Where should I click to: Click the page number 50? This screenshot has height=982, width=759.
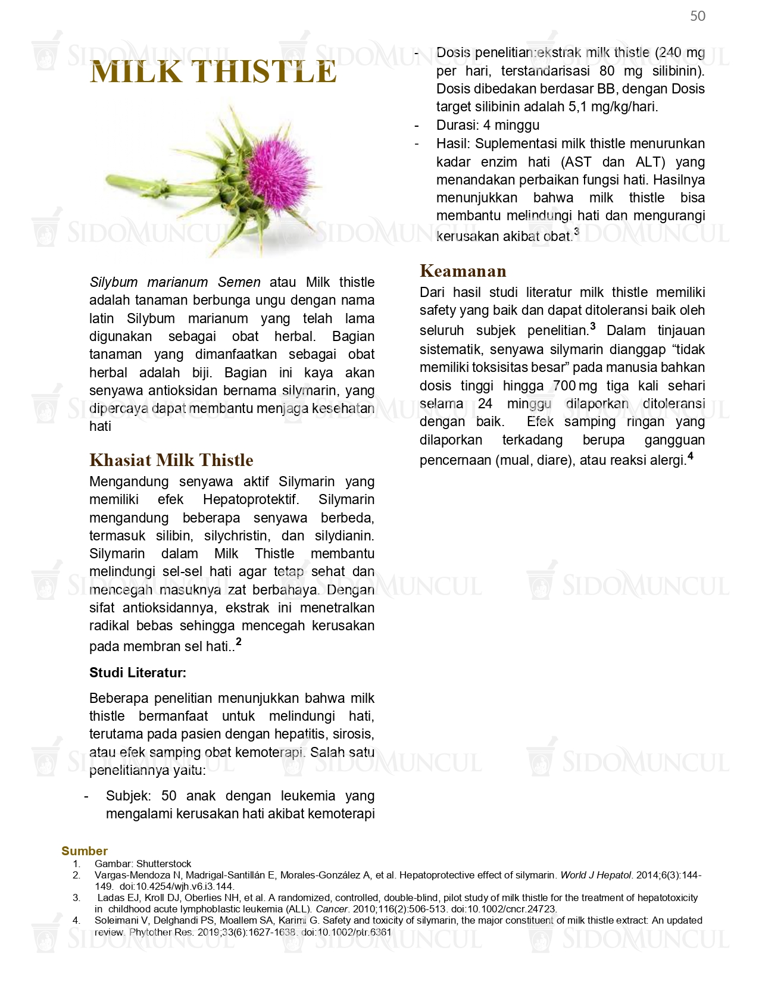tap(698, 16)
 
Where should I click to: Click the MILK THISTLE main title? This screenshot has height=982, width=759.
tap(213, 72)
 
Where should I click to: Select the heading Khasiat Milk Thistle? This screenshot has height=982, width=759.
tap(171, 460)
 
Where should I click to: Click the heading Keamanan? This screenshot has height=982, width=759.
tap(463, 271)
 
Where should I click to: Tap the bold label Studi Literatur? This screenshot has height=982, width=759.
tap(138, 673)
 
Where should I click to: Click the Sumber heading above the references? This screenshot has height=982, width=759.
tap(85, 851)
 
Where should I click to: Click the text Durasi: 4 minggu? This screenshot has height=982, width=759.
tap(488, 125)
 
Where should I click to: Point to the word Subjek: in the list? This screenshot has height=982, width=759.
tap(129, 796)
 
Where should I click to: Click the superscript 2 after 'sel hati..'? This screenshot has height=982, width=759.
tap(239, 642)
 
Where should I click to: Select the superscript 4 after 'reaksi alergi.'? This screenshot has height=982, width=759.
tap(691, 456)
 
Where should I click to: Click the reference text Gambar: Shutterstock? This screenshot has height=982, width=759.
tap(143, 864)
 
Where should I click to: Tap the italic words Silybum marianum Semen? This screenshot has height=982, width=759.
tap(175, 282)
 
